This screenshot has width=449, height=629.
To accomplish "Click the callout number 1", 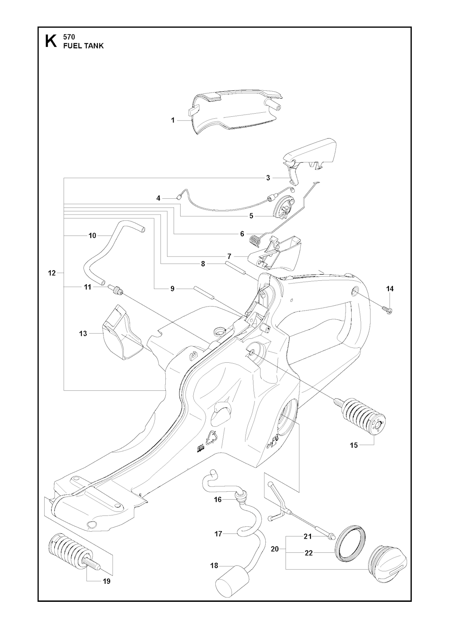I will click(173, 120).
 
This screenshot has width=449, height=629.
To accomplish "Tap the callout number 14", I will click(390, 289).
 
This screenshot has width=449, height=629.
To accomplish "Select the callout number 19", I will click(106, 582).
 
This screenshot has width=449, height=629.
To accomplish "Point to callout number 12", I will click(52, 273).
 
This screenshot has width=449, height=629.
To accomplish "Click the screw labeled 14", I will click(388, 310).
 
